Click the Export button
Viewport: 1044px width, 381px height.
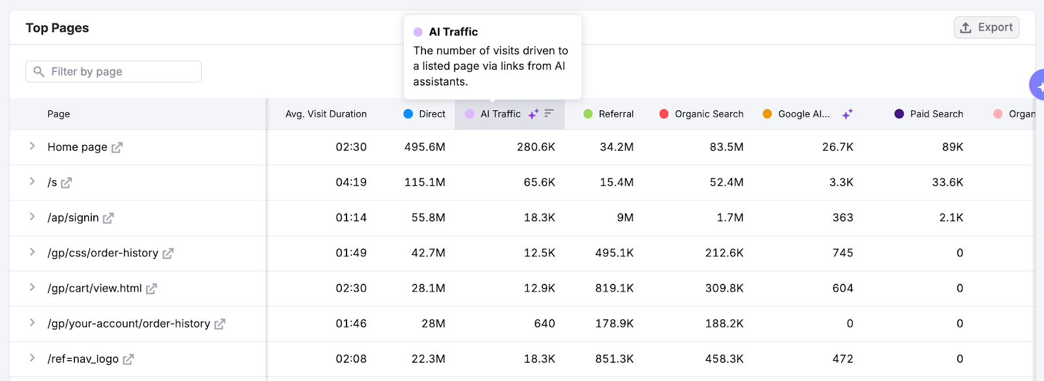pos(986,27)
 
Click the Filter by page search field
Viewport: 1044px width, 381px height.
pos(114,72)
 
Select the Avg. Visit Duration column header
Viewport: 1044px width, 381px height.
pos(326,114)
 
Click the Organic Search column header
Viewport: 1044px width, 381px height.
pos(709,114)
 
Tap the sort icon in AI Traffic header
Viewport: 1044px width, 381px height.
pos(549,114)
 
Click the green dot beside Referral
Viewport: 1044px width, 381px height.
pos(588,114)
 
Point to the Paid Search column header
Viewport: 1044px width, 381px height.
pos(936,114)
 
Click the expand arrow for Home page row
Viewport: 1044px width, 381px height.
pos(32,146)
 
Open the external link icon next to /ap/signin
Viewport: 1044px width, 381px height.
pos(108,218)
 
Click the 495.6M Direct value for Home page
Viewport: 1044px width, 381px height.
pos(424,147)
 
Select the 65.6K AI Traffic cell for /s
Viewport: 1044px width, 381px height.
pos(539,183)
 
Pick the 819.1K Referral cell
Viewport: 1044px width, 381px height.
pos(614,288)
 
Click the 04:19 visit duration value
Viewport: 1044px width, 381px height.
pos(351,183)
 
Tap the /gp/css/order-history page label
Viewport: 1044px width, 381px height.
pos(102,253)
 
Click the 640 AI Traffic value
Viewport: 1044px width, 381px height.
pos(544,324)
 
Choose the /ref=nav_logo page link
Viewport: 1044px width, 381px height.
pos(83,359)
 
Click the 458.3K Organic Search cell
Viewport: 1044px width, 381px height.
pos(724,359)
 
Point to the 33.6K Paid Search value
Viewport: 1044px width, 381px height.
pos(947,183)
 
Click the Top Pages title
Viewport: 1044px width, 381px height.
pos(57,28)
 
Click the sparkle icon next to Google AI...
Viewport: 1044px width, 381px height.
pos(847,114)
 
